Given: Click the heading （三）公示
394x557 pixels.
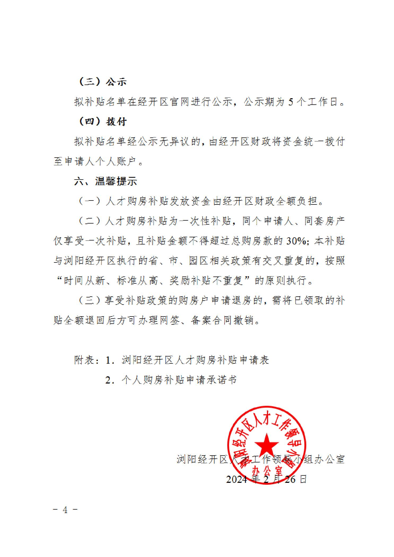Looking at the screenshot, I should coord(103,82).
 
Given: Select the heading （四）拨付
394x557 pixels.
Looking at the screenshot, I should coord(103,122).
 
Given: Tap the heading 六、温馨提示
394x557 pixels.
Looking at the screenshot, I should coord(106,181).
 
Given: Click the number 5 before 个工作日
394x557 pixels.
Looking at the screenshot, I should coord(291,102).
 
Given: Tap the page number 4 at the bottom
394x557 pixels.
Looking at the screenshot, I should coord(65,510).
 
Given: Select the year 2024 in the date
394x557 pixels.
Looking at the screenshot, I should coord(237,479).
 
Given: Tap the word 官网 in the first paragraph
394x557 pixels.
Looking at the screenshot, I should coord(180,102).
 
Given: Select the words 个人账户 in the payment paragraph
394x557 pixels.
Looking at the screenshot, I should coord(116,162).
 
